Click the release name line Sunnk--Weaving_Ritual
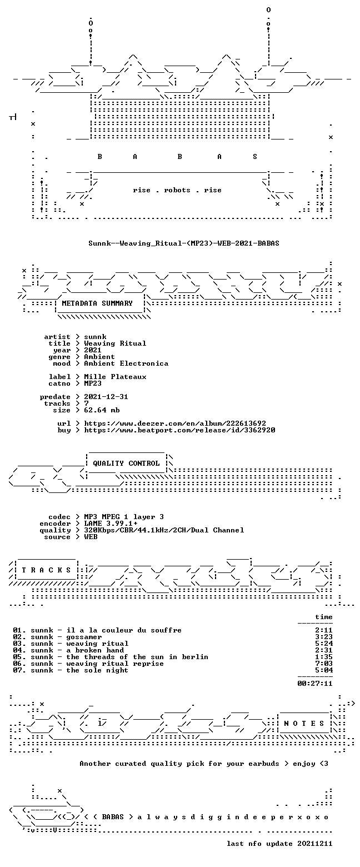183,243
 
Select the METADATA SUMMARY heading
97,303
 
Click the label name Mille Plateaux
116,377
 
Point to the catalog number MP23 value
93,383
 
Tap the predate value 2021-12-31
106,397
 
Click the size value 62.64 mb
102,410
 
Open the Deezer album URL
175,423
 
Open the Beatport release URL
179,430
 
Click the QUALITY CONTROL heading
126,464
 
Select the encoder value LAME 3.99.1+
111,524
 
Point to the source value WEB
91,537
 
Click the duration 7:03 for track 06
324,664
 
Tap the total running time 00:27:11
315,683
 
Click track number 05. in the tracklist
19,657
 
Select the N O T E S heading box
304,724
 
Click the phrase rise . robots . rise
177,190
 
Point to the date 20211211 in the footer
315,844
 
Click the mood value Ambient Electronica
126,363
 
